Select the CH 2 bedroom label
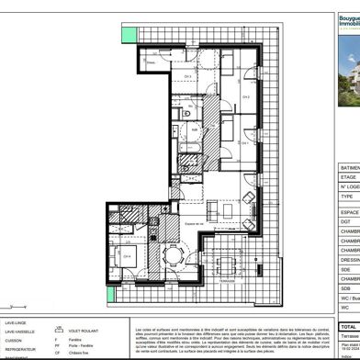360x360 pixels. pyautogui.click(x=246, y=96)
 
